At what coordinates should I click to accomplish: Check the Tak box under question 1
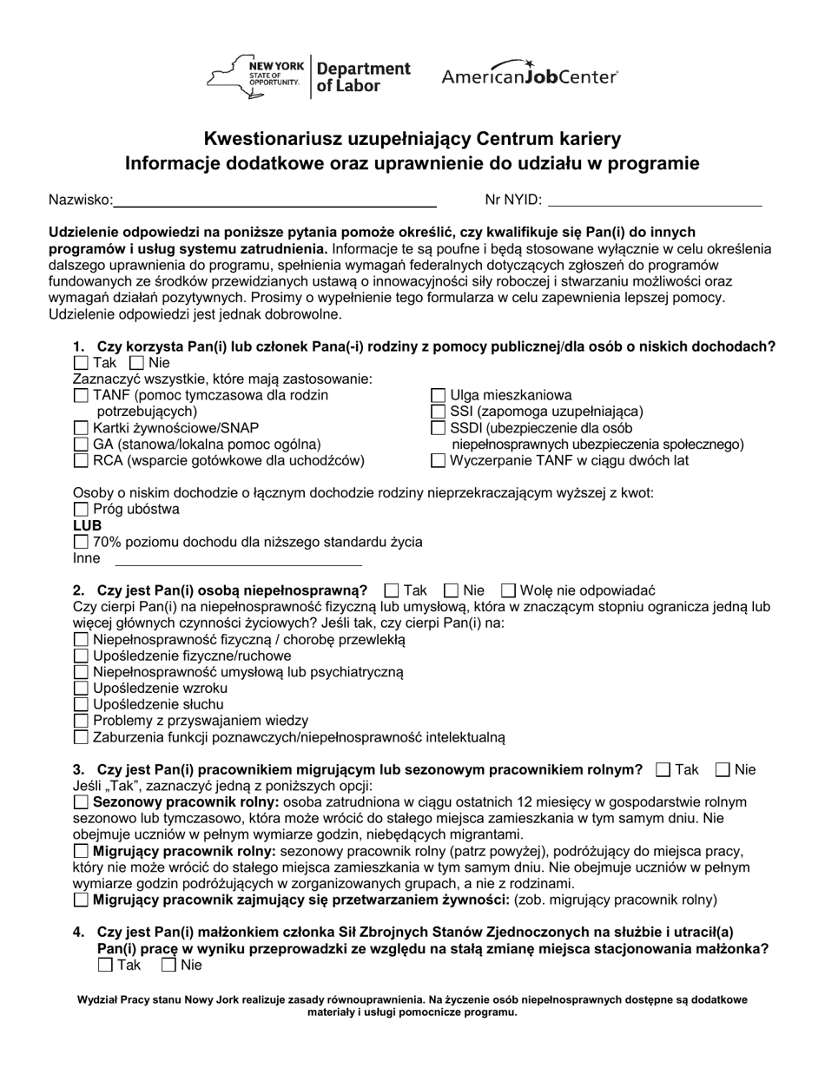(x=81, y=363)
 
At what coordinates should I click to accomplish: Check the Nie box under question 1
(x=136, y=363)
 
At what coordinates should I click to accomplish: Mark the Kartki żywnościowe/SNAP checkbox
(x=81, y=428)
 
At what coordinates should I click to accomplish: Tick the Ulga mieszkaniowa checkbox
(x=439, y=396)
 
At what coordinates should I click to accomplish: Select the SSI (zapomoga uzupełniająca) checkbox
(x=439, y=412)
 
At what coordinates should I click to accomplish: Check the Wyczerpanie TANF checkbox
(x=439, y=461)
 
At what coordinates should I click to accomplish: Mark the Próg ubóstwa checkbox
(x=81, y=510)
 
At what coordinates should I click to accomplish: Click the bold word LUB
(x=87, y=526)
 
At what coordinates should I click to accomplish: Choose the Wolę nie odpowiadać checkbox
(x=510, y=590)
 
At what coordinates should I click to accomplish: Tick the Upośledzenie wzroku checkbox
(x=81, y=689)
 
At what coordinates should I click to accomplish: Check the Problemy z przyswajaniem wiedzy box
(x=81, y=721)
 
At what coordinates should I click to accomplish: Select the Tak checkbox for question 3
(x=663, y=769)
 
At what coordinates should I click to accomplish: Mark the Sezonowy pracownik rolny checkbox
(x=81, y=802)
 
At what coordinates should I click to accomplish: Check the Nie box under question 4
(x=169, y=965)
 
